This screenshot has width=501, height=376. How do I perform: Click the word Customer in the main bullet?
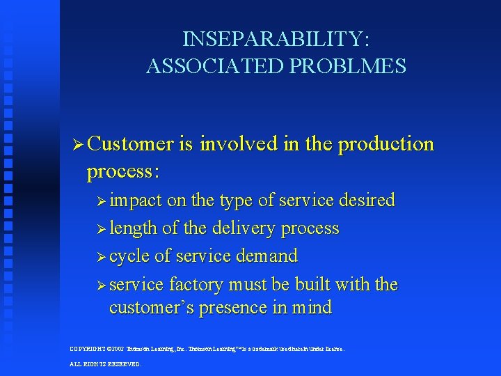coord(131,144)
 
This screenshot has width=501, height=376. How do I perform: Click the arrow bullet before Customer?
coord(79,145)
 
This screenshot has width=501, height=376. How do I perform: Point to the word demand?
coord(267,256)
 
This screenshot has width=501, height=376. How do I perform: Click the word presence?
coord(232,307)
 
